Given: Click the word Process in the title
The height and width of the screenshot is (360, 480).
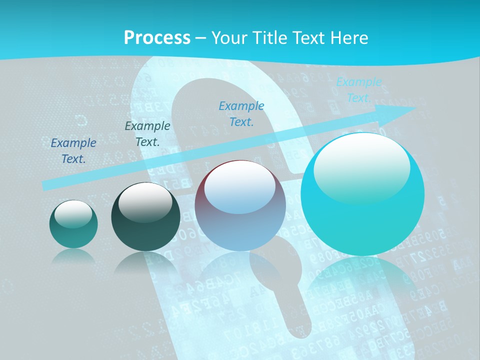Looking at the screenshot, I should tap(157, 38).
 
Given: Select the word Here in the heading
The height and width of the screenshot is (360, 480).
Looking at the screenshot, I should tap(349, 38).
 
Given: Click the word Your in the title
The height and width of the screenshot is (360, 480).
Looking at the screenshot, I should tap(229, 38).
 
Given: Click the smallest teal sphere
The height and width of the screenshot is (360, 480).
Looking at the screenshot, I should tap(73, 224).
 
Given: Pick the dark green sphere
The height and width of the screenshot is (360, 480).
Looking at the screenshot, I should tap(145, 217).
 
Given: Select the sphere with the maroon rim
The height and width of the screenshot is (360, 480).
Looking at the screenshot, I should tap(240, 205).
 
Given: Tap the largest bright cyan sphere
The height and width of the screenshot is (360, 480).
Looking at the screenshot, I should tap(362, 194).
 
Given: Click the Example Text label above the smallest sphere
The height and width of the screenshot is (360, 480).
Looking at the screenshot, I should tap(73, 151).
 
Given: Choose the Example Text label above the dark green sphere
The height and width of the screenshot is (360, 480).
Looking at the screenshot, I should tap(147, 134).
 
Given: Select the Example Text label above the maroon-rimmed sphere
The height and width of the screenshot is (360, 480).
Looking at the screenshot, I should tap(241, 114).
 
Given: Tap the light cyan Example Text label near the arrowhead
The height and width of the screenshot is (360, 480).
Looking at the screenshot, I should tap(358, 90).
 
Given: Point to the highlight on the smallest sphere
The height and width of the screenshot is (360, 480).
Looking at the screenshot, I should tap(73, 213).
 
